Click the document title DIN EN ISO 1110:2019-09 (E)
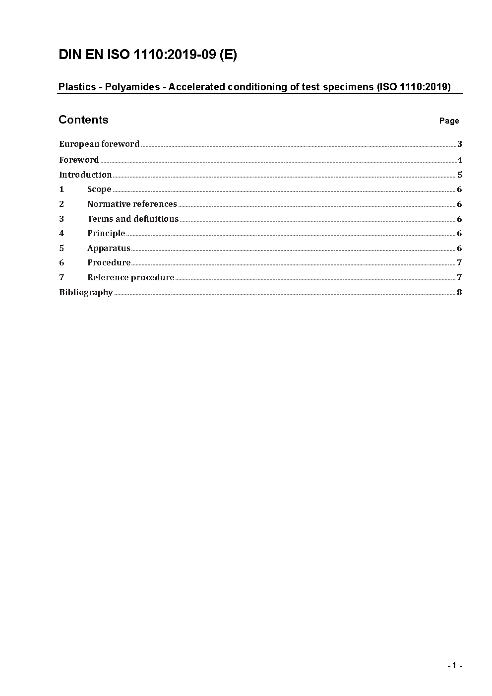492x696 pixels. click(x=148, y=55)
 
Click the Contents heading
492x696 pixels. click(x=83, y=120)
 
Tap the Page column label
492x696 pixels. click(x=449, y=121)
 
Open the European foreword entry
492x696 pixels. click(x=99, y=144)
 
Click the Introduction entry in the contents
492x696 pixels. click(x=85, y=175)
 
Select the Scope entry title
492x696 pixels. click(x=99, y=190)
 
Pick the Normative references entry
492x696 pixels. click(x=132, y=204)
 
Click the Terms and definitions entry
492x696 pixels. click(x=133, y=219)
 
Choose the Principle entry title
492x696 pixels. click(x=106, y=233)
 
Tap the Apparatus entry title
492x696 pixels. click(x=109, y=248)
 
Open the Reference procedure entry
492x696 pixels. click(x=131, y=277)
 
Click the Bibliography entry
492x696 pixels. click(x=86, y=292)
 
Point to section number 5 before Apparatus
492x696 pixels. click(x=61, y=248)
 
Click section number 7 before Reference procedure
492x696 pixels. click(x=61, y=277)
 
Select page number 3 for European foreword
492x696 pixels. click(x=460, y=144)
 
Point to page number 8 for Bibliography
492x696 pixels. click(x=459, y=292)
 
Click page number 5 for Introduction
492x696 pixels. click(x=460, y=175)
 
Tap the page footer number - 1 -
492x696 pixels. click(x=455, y=666)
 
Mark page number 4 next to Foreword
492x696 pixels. click(x=460, y=160)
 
